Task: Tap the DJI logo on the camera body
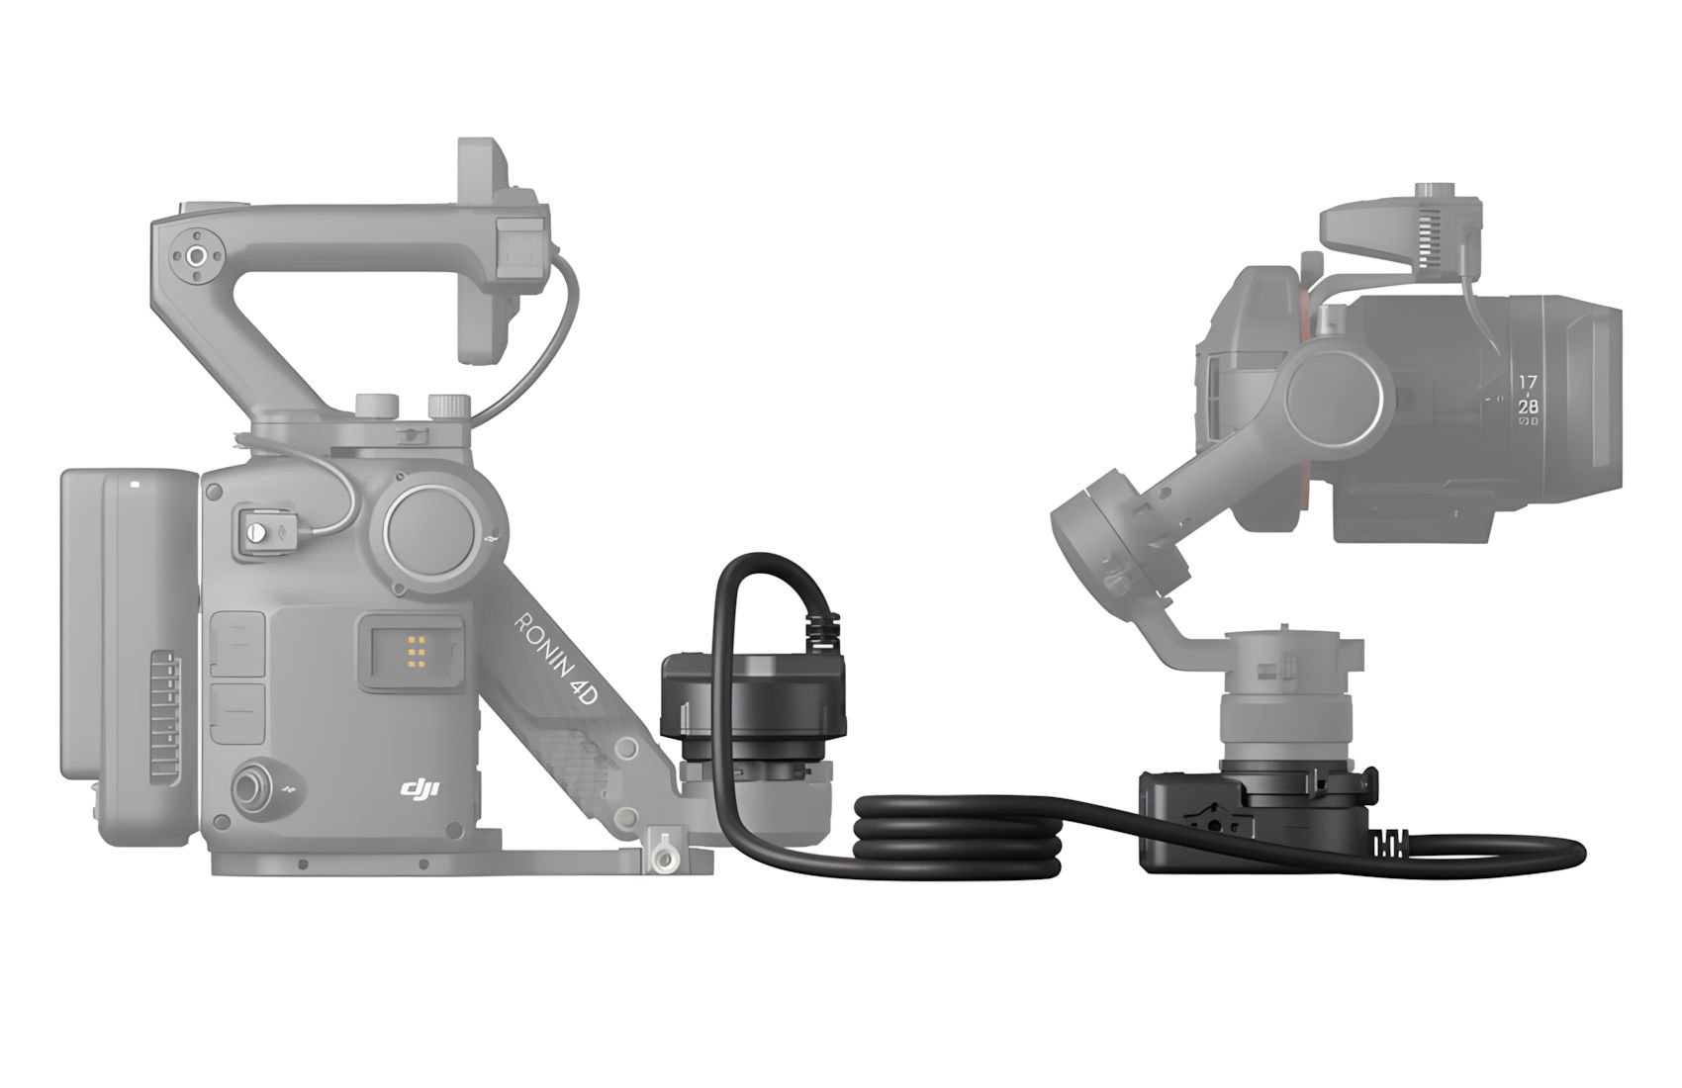pyautogui.click(x=420, y=787)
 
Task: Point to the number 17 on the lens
pyautogui.click(x=1528, y=382)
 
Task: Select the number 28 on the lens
pyautogui.click(x=1528, y=407)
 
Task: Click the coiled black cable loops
pyautogui.click(x=959, y=837)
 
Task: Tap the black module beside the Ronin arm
pyautogui.click(x=753, y=704)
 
